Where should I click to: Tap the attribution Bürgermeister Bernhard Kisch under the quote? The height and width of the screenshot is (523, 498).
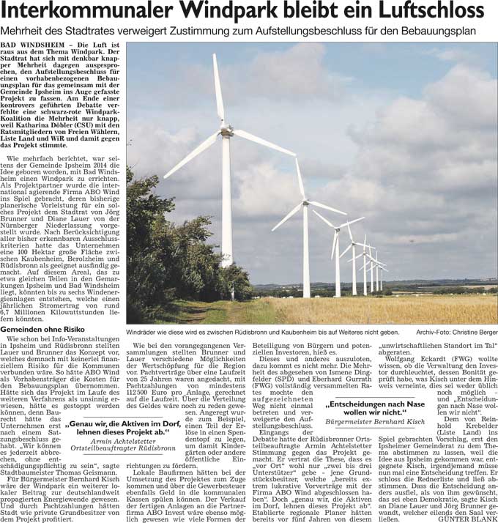pos(374,423)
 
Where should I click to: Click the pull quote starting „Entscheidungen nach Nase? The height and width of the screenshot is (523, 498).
pos(374,408)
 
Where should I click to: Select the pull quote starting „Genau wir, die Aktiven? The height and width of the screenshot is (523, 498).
pos(122,427)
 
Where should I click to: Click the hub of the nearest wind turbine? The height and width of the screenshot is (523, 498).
pos(226,132)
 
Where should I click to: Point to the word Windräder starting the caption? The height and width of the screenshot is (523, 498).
pos(144,333)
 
